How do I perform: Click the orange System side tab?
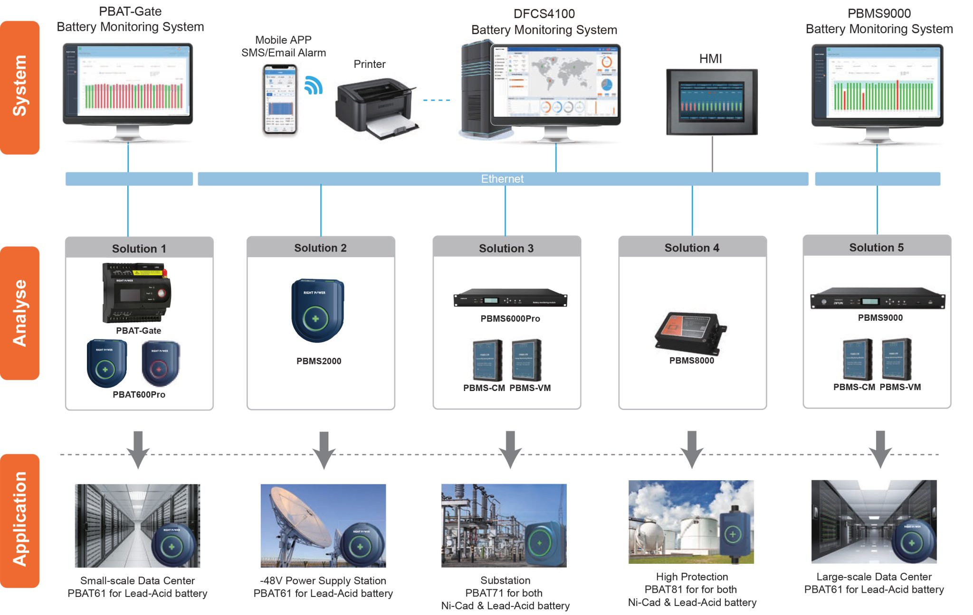19,87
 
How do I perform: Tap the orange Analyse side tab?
19,313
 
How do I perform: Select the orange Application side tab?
19,521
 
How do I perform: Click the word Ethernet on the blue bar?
502,179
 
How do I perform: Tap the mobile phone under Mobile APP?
280,100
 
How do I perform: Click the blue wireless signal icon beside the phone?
313,85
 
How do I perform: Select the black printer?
375,109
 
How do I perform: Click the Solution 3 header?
506,248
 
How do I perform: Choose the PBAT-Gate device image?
136,292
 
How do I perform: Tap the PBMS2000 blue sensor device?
317,311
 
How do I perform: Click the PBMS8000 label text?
692,361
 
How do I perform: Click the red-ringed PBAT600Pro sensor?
160,363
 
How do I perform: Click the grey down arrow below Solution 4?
692,449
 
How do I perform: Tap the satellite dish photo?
323,525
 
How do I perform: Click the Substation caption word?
505,580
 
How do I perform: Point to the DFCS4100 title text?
544,14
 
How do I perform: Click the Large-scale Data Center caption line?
874,577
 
